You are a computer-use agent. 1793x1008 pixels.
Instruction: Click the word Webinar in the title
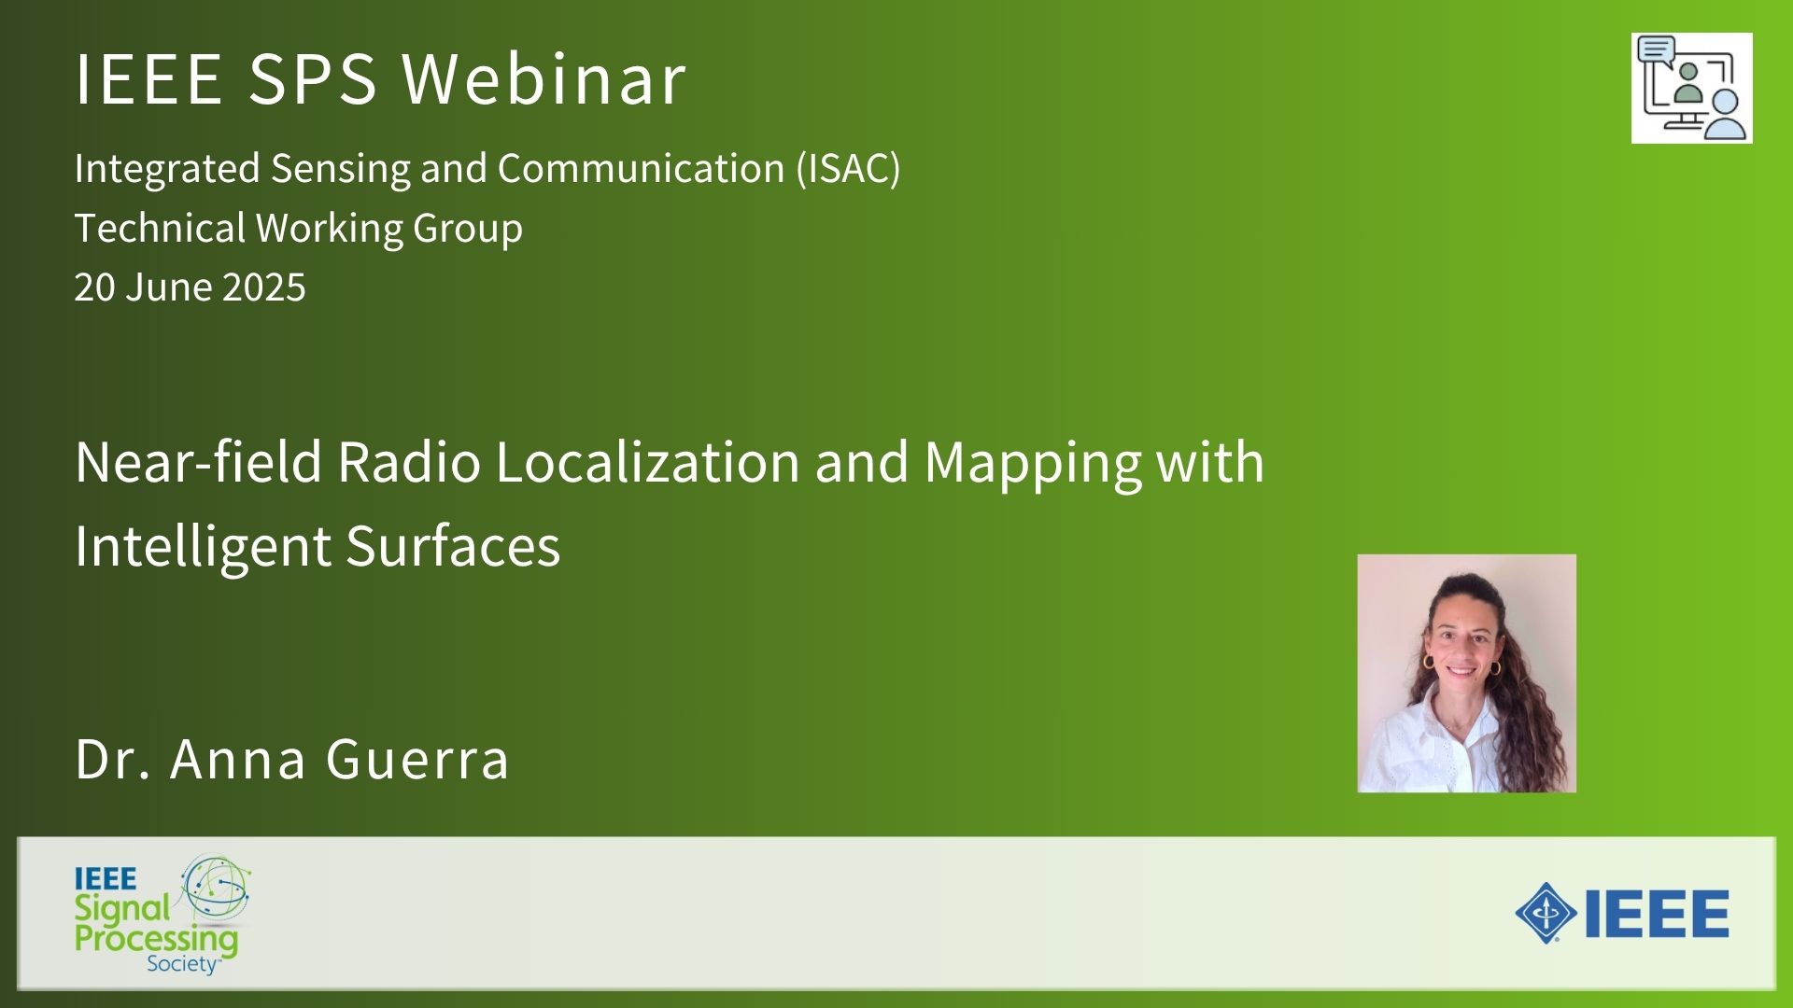(x=544, y=77)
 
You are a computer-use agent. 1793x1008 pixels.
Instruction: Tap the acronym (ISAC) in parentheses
(x=848, y=169)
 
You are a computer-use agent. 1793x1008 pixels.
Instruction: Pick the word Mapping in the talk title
(x=1033, y=464)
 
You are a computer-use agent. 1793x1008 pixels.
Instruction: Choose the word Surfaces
(x=453, y=546)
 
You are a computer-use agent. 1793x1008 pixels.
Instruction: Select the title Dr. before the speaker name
(x=113, y=758)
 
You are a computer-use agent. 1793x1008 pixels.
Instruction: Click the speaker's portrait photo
(x=1466, y=673)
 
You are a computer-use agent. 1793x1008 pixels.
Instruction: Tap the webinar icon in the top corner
(x=1691, y=89)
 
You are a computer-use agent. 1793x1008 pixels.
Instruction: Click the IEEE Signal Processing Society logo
(x=162, y=915)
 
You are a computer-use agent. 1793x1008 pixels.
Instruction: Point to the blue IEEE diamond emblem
(x=1546, y=913)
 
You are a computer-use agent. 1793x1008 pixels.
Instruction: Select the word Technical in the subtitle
(x=160, y=228)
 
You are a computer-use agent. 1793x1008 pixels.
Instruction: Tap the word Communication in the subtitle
(x=641, y=169)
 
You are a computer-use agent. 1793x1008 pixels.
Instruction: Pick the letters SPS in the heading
(x=313, y=77)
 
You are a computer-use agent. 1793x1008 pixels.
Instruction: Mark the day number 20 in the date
(x=94, y=287)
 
